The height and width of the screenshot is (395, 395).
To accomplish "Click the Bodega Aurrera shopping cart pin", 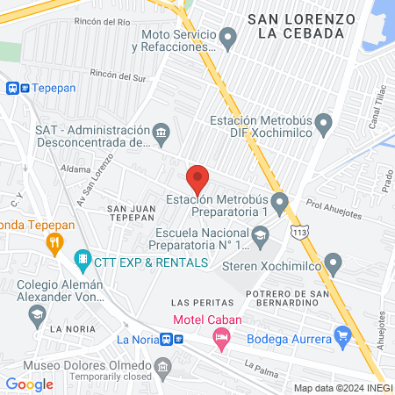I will pyautogui.click(x=342, y=334).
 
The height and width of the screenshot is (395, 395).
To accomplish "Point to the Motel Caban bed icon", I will pyautogui.click(x=222, y=336).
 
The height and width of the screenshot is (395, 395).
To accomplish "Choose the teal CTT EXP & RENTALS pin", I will pyautogui.click(x=82, y=260).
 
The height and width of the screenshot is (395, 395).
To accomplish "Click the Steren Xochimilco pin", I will pyautogui.click(x=333, y=262).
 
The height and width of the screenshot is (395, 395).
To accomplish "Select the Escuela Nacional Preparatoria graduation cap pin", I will pyautogui.click(x=261, y=234).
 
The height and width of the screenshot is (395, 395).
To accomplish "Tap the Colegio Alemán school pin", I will pyautogui.click(x=37, y=313).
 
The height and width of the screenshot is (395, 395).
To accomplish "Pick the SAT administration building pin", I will pyautogui.click(x=161, y=134).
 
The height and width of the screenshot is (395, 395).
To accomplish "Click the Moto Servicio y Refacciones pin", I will pyautogui.click(x=228, y=38).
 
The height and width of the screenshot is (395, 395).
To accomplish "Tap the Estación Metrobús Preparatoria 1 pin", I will pyautogui.click(x=280, y=205).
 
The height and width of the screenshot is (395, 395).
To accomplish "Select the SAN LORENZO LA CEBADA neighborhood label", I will pyautogui.click(x=301, y=25).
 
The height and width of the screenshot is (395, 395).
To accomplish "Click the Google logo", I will pyautogui.click(x=30, y=384).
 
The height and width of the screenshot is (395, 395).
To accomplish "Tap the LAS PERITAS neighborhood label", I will pyautogui.click(x=197, y=302).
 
